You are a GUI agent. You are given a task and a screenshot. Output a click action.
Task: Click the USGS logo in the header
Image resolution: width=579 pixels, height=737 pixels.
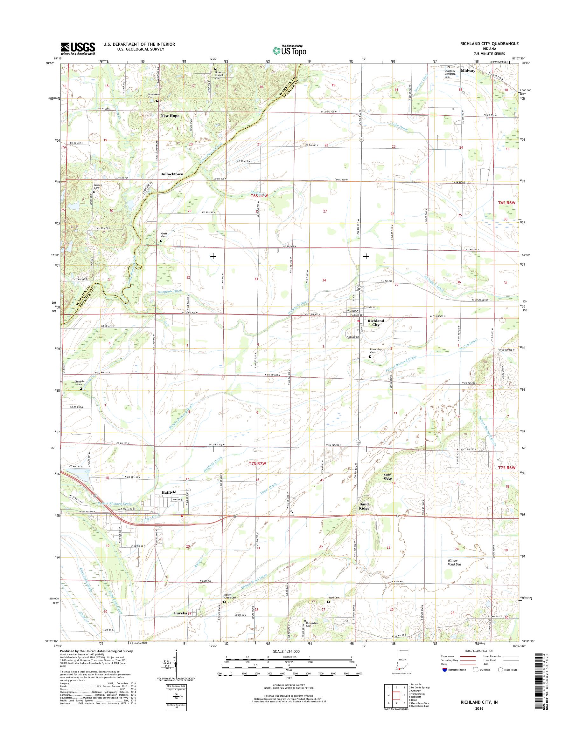pyautogui.click(x=78, y=48)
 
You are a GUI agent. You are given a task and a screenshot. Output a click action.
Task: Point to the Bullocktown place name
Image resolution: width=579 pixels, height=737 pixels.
pyautogui.click(x=171, y=174)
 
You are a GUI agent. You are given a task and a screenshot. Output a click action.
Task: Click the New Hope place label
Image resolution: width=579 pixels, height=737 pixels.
pyautogui.click(x=170, y=116)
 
